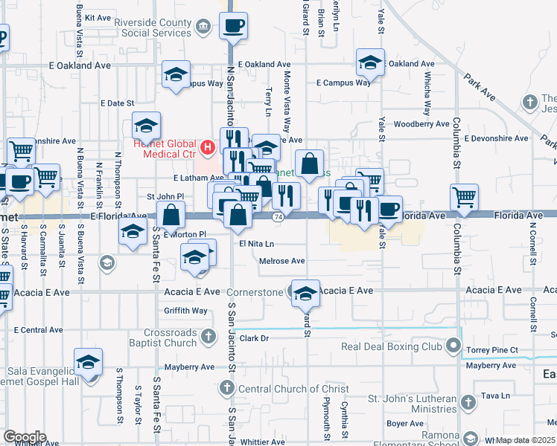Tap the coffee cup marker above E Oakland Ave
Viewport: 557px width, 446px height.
tap(233, 27)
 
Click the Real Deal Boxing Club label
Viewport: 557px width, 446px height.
tap(392, 346)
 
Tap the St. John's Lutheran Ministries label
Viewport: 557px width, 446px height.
tap(415, 404)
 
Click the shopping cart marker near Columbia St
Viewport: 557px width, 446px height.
tap(464, 198)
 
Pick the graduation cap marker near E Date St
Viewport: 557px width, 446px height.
tap(147, 124)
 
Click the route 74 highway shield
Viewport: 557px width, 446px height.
tap(278, 216)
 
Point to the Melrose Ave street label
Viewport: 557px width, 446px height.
tap(282, 261)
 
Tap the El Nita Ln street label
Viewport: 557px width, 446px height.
tap(257, 243)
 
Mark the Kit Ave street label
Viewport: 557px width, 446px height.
tap(98, 16)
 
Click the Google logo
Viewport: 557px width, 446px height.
tap(25, 437)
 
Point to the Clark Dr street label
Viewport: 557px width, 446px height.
tap(253, 338)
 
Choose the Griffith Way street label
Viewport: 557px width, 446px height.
tap(186, 311)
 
